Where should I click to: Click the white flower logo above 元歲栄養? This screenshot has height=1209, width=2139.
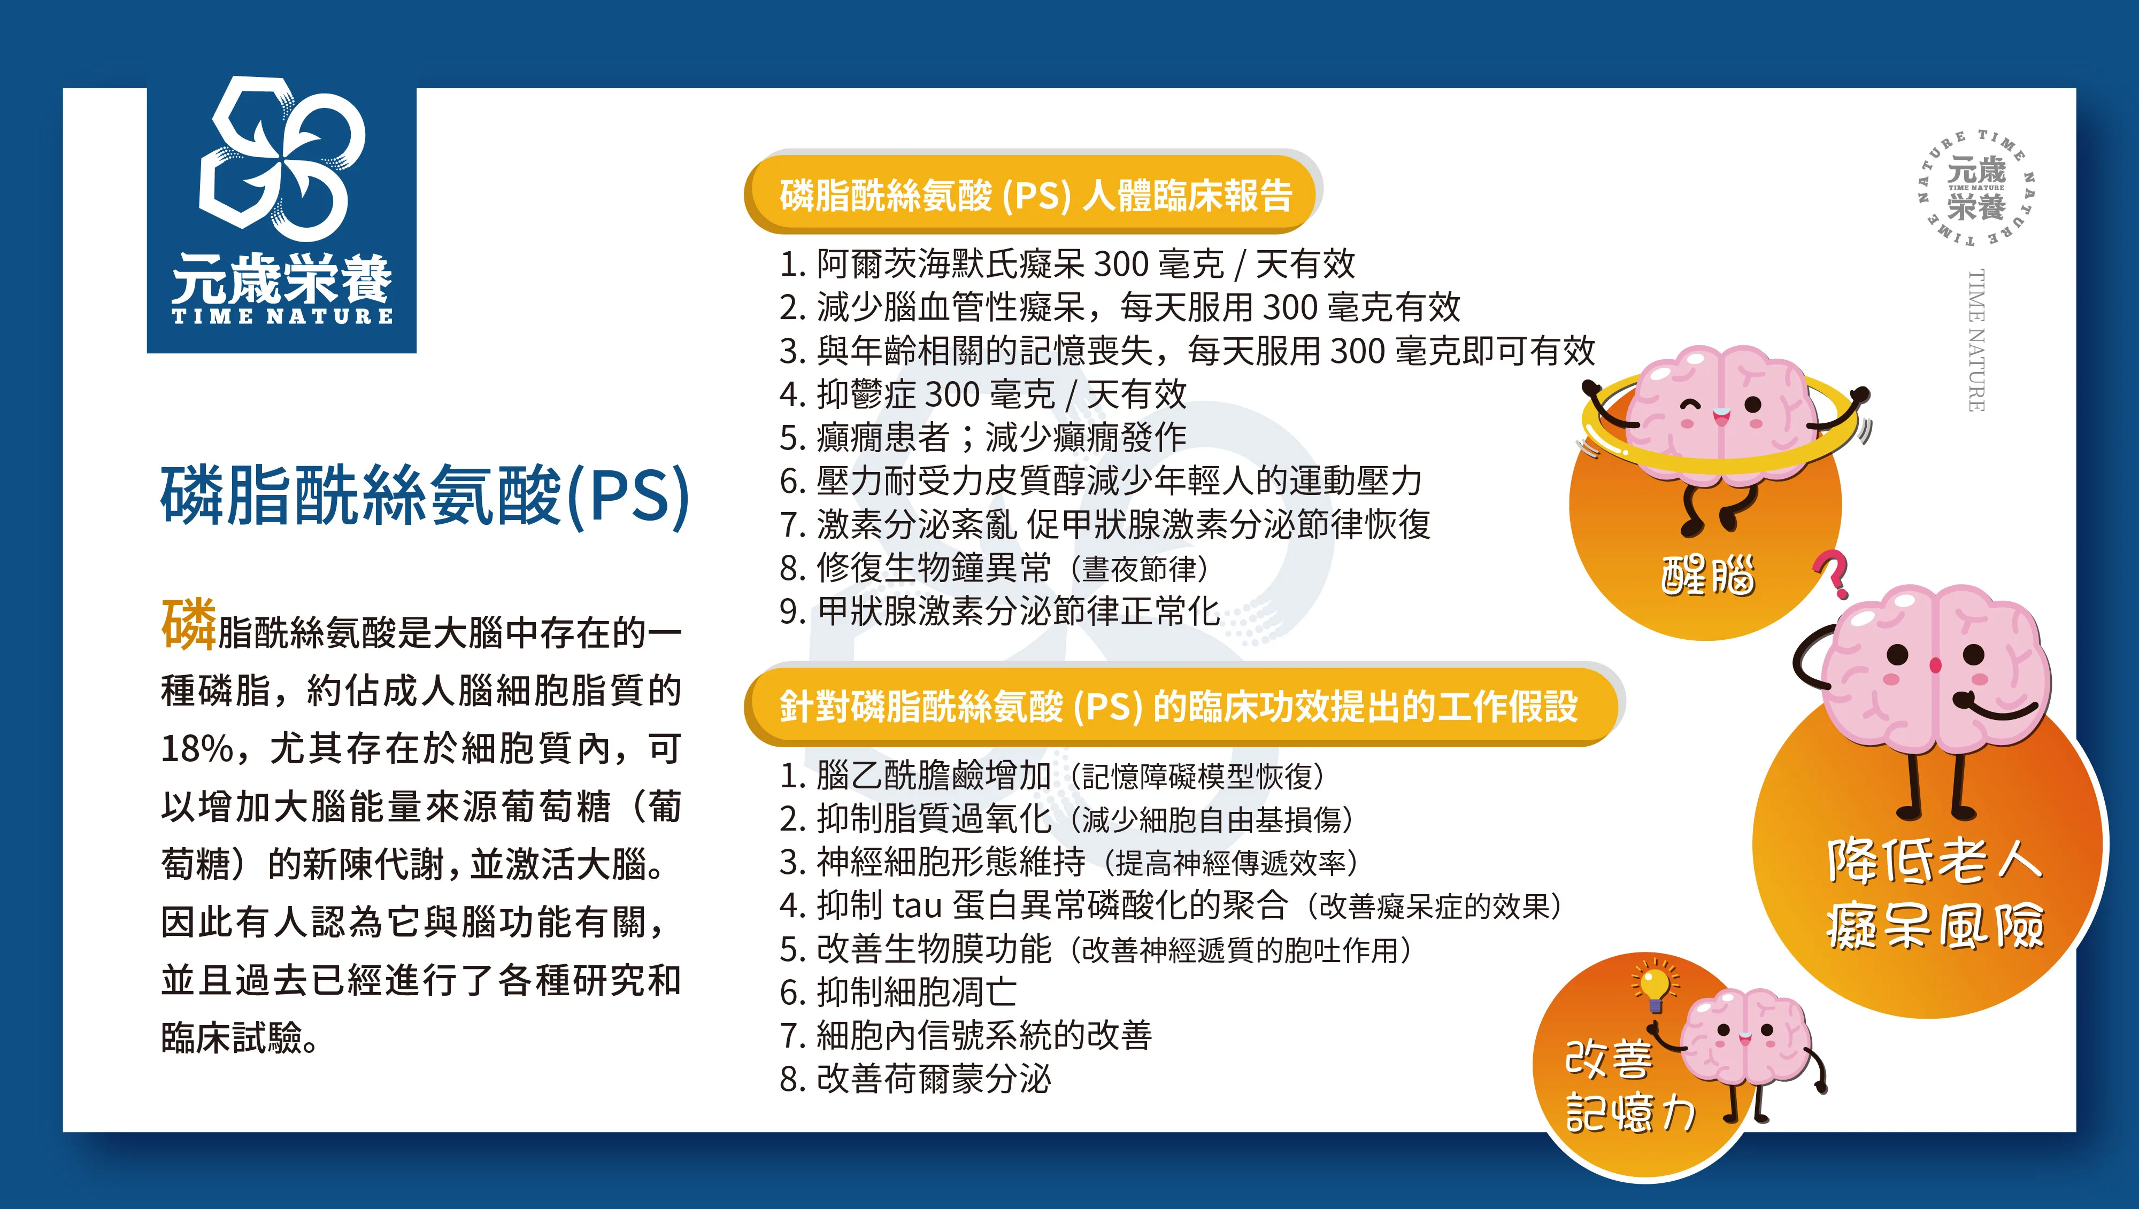click(x=282, y=157)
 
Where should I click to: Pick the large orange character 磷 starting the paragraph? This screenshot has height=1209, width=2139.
click(x=189, y=624)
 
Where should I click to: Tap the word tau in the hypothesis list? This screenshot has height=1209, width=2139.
click(x=917, y=905)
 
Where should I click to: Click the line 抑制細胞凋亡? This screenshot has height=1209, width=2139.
click(x=898, y=993)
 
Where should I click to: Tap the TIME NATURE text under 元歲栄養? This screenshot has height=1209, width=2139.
click(x=282, y=315)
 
